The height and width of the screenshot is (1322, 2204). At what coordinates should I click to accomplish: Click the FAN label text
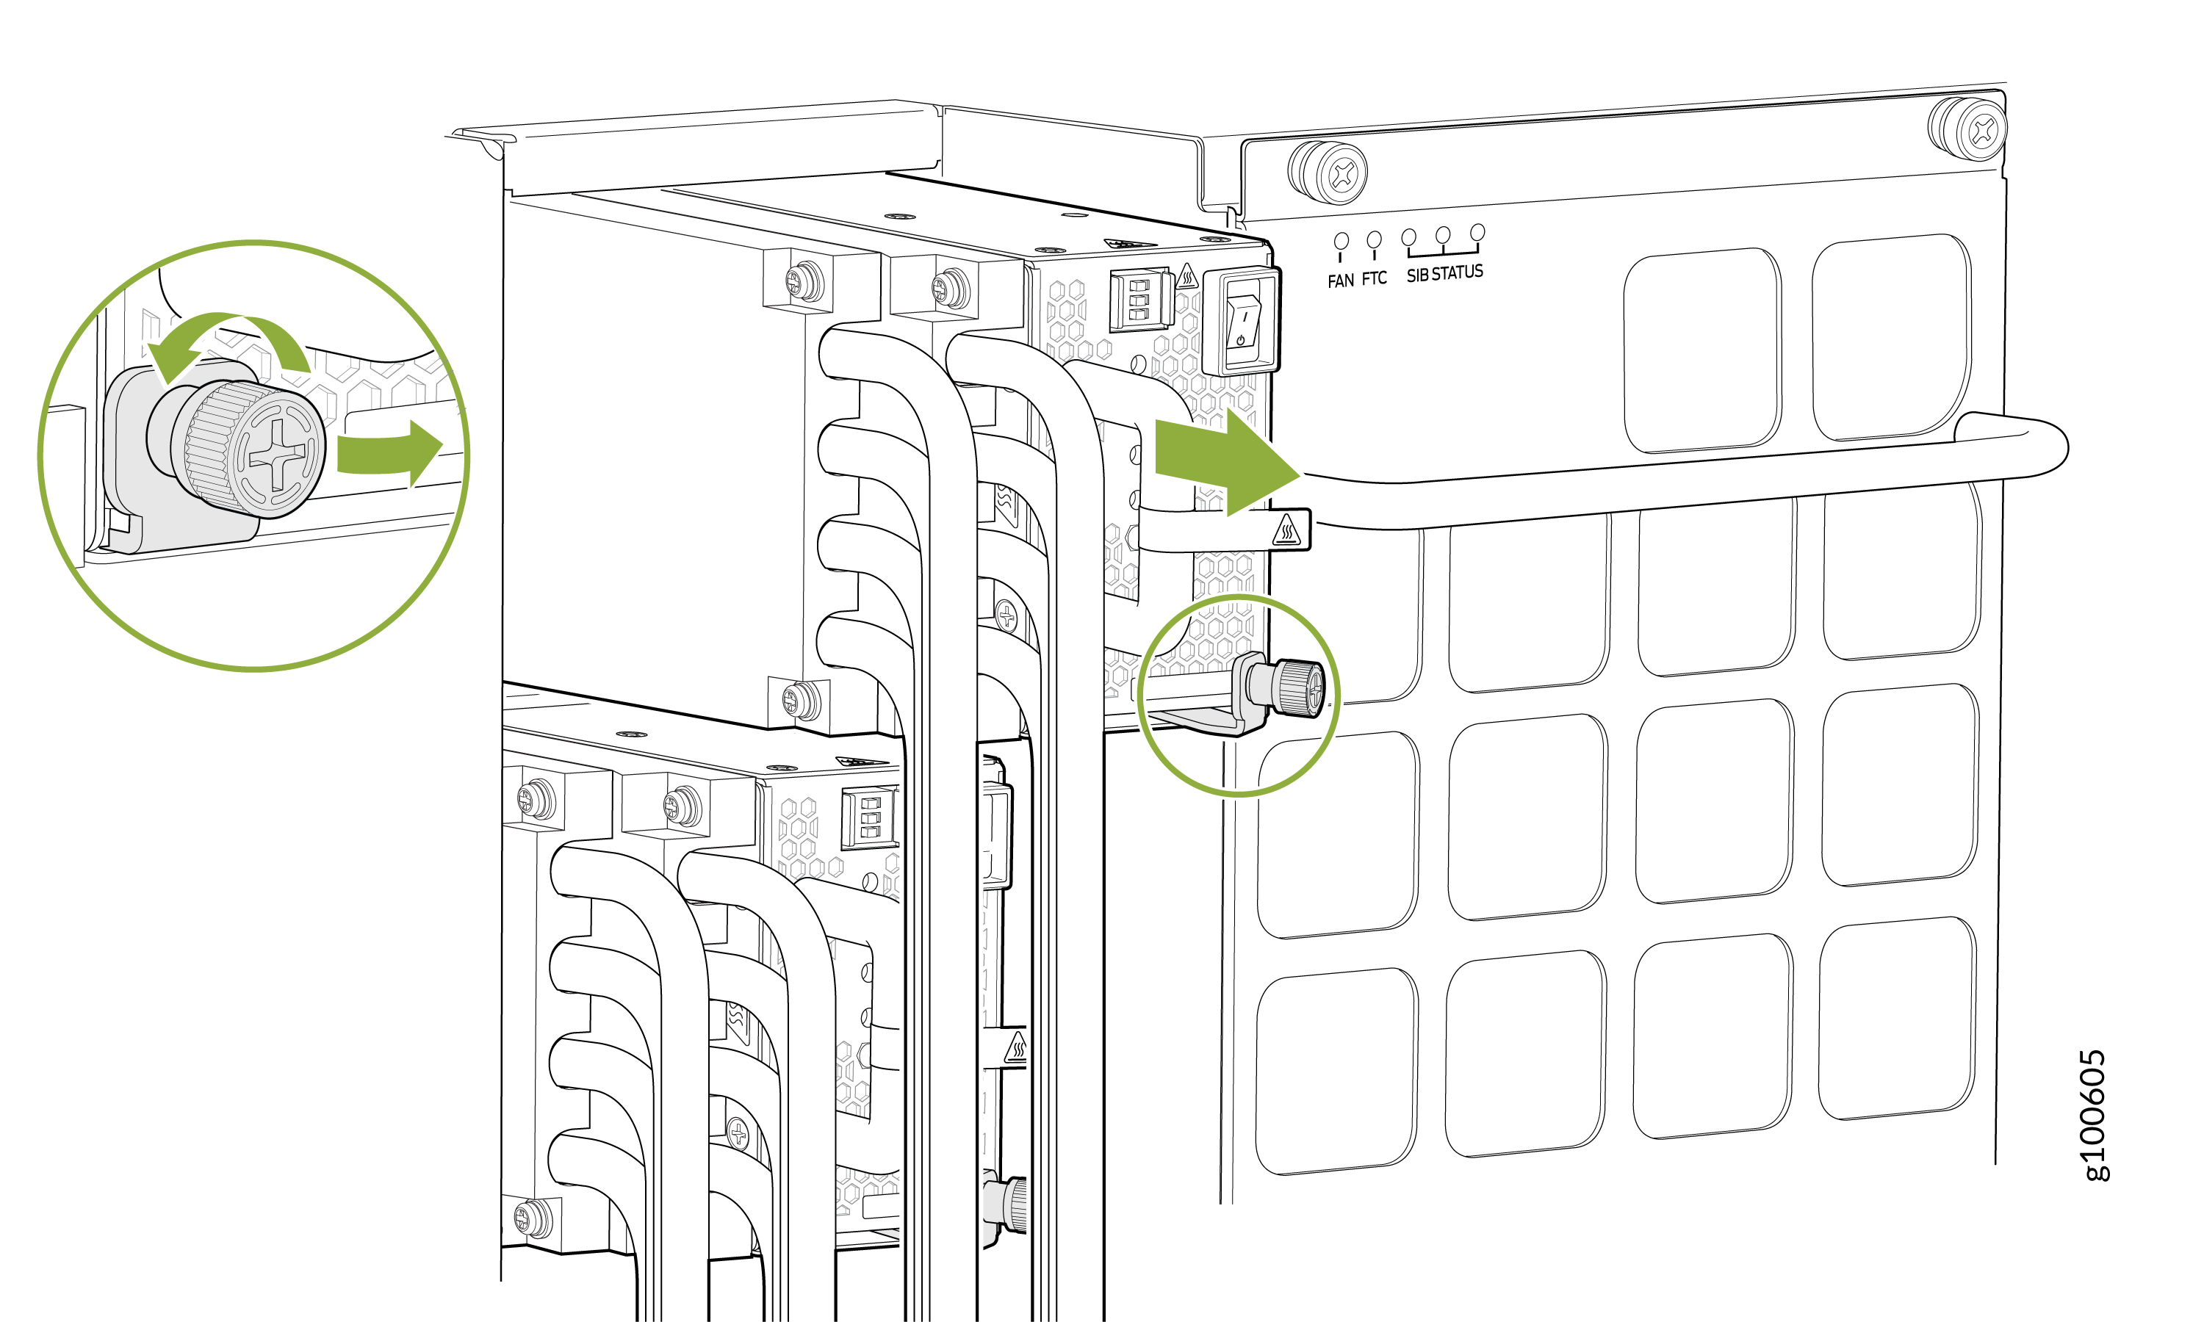[x=1340, y=281]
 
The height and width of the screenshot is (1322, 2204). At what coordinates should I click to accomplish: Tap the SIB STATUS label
[x=1444, y=272]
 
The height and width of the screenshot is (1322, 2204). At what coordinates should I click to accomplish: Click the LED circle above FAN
[x=1341, y=240]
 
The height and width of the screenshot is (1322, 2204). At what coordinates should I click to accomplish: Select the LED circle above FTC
[x=1374, y=239]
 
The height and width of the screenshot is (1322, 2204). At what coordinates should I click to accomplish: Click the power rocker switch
[x=1242, y=322]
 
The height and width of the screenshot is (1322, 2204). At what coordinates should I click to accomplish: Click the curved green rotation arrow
[x=228, y=342]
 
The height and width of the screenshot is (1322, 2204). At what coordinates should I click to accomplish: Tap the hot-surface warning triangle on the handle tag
[x=1286, y=531]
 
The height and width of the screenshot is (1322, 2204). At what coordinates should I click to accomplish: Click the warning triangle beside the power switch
[x=1186, y=276]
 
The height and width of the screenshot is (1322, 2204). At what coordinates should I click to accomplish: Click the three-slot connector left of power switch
[x=1139, y=300]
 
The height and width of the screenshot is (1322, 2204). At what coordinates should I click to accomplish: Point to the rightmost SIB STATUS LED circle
[x=1477, y=233]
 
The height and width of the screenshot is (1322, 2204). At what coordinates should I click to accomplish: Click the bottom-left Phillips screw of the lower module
[x=532, y=1217]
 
